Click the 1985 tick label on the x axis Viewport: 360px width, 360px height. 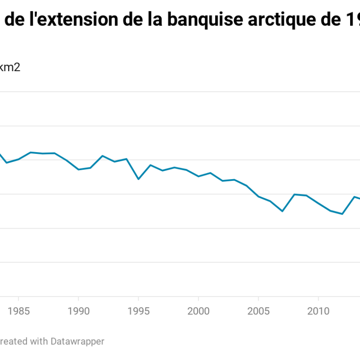[18, 310]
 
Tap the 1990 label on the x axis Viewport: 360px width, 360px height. [78, 310]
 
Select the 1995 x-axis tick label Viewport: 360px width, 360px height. [138, 310]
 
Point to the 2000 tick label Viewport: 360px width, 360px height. [198, 310]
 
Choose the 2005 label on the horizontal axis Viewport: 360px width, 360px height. [258, 310]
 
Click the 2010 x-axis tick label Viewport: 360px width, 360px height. [318, 310]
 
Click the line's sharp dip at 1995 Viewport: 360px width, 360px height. [138, 179]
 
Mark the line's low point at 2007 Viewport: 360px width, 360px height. [282, 211]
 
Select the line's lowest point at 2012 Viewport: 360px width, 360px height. [342, 214]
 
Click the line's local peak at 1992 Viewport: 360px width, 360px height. [103, 156]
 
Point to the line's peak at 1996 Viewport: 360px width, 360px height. [150, 165]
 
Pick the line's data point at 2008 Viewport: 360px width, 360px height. [294, 194]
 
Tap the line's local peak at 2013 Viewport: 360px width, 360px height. [355, 197]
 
